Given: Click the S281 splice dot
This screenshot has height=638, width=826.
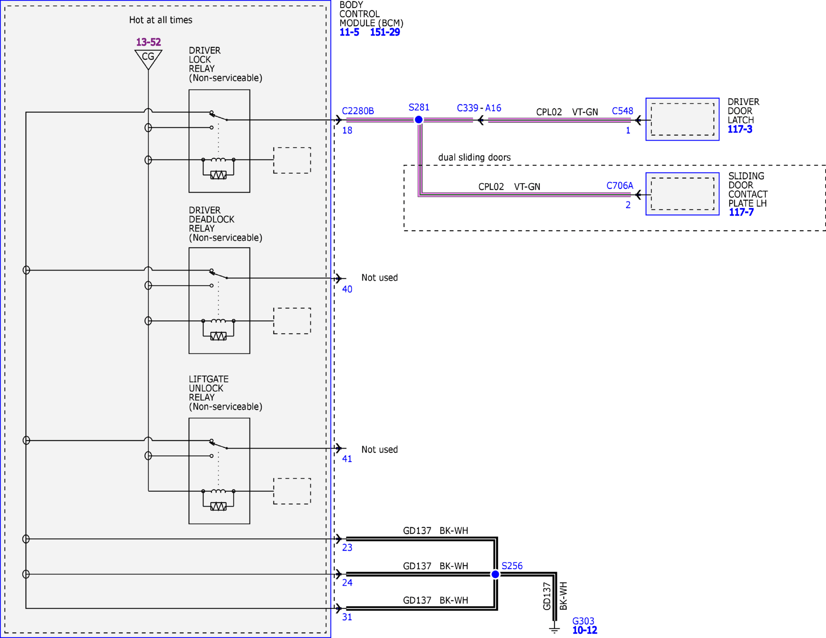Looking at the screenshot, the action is [418, 120].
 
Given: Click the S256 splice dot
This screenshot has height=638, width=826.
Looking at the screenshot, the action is [495, 574].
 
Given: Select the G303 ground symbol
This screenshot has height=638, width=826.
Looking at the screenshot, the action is [555, 629].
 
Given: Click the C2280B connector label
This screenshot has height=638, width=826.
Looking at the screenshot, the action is [358, 111].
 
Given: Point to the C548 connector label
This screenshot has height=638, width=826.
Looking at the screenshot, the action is [622, 111].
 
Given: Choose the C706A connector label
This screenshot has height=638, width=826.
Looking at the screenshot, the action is [619, 186].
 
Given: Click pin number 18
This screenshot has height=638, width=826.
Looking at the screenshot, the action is [347, 131].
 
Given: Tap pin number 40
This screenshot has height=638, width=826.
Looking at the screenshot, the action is [347, 289].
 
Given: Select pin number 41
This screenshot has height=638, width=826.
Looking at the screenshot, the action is [347, 459].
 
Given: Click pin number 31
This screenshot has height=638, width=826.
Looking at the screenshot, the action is [347, 617].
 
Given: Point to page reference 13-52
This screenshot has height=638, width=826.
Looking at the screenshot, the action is [148, 42].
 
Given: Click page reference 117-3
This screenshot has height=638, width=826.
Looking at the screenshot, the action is [740, 130].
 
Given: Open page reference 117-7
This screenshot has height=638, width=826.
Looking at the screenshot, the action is [741, 212].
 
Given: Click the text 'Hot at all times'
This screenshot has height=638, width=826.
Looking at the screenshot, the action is [161, 20].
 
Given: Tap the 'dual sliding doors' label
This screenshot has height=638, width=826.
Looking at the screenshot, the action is [474, 157].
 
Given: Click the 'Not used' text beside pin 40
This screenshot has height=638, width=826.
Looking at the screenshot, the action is [379, 278].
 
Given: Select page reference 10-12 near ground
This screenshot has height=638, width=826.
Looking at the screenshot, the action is [585, 630].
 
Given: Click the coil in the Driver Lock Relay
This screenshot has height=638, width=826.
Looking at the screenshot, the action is [218, 159].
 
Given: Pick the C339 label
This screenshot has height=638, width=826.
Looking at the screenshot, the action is [467, 108].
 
